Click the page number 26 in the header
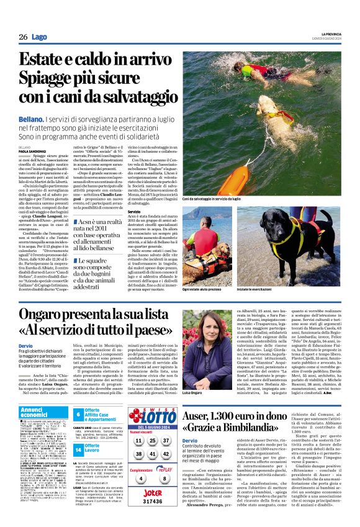click(x=22, y=37)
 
